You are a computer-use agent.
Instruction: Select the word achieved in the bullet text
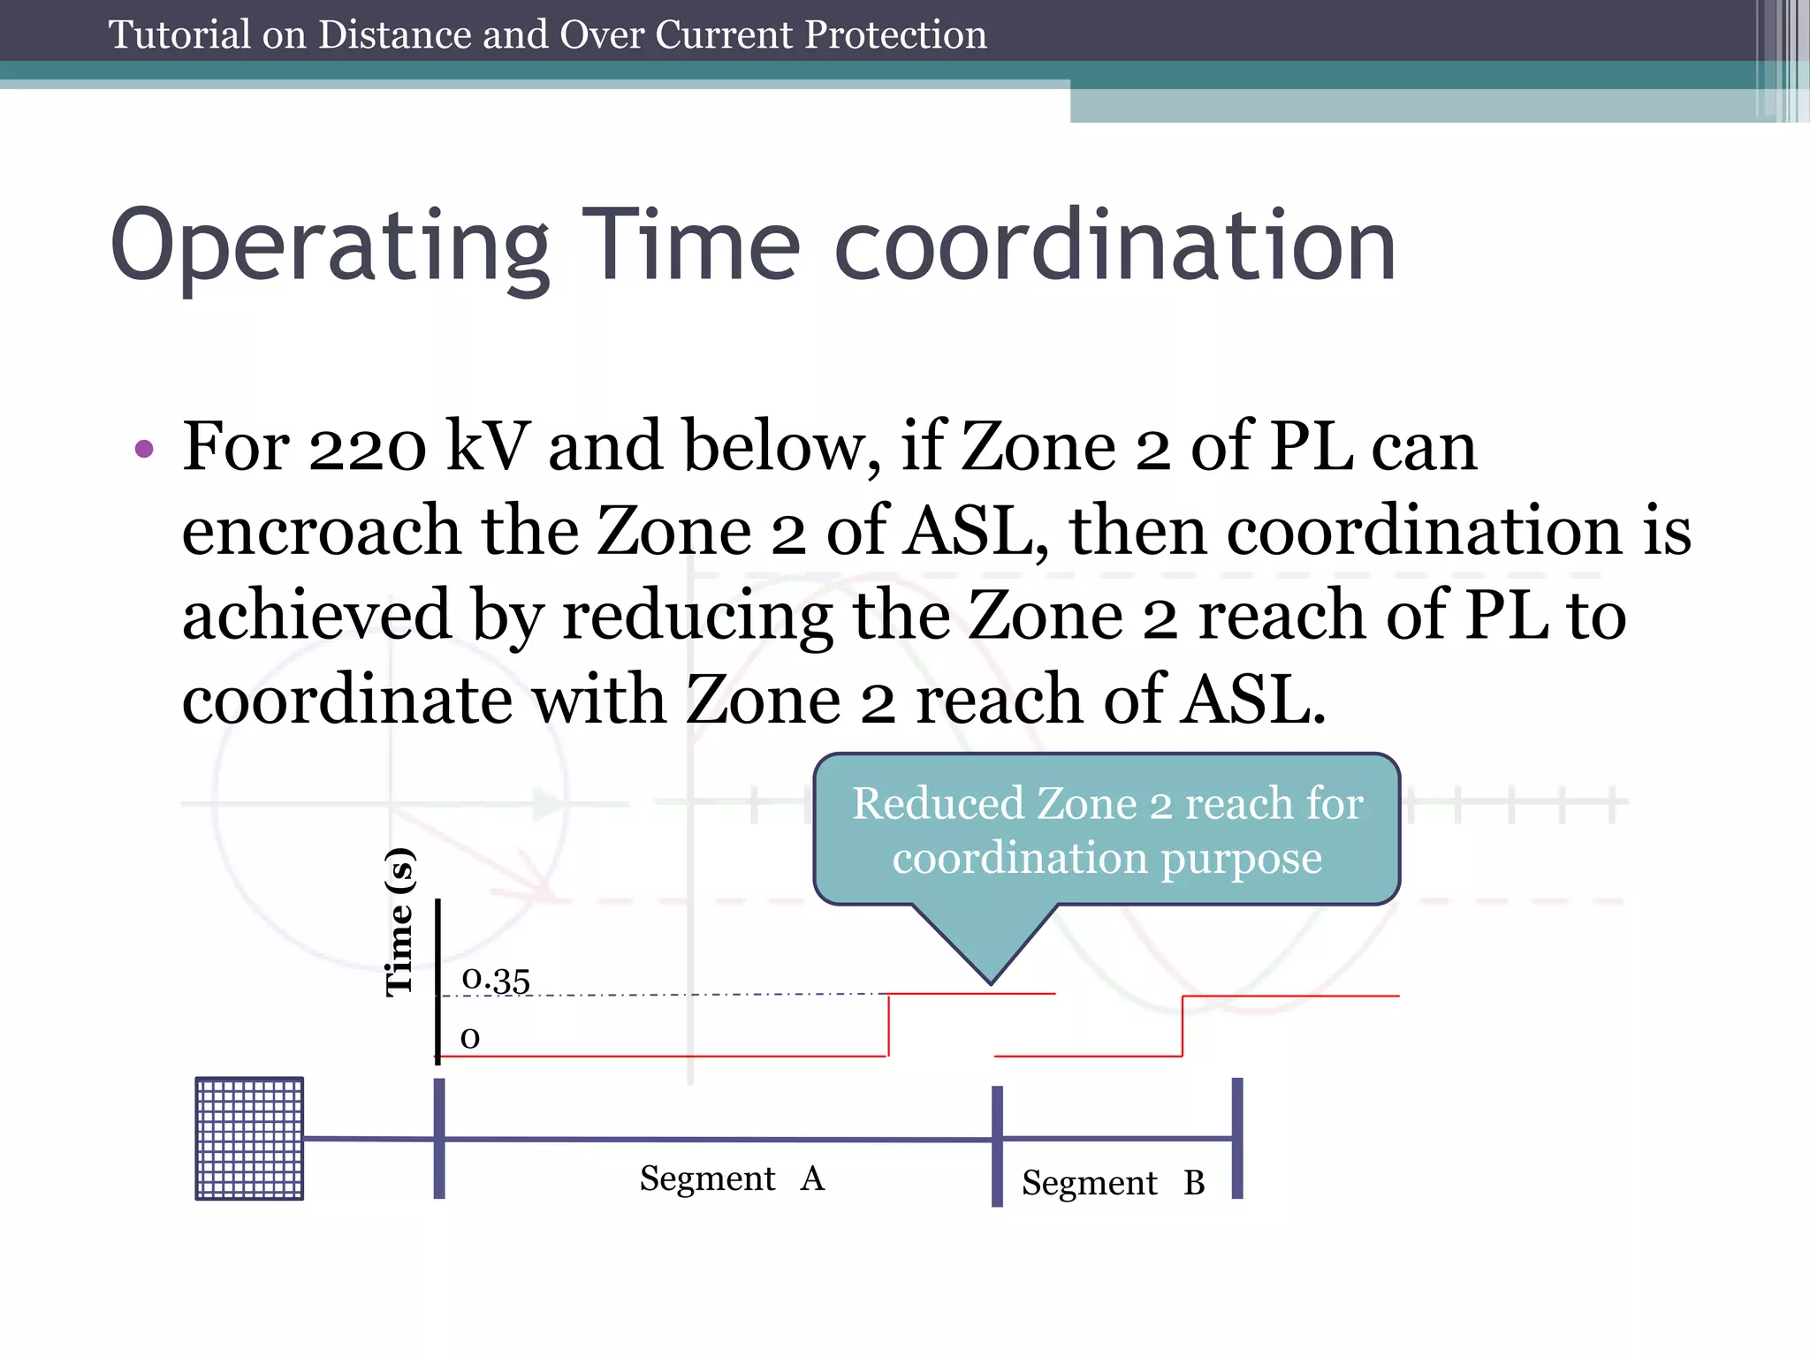pyautogui.click(x=317, y=615)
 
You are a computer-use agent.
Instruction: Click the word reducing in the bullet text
pyautogui.click(x=697, y=615)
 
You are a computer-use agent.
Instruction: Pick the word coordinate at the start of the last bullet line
pyautogui.click(x=347, y=700)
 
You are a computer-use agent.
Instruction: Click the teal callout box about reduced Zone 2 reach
pyautogui.click(x=1107, y=830)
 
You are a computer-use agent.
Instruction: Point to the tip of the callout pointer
pyautogui.click(x=991, y=982)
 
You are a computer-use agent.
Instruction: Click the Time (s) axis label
pyautogui.click(x=399, y=922)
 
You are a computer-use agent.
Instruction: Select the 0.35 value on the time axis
pyautogui.click(x=496, y=979)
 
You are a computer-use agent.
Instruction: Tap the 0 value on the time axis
pyautogui.click(x=470, y=1037)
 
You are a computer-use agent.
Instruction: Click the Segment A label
pyautogui.click(x=732, y=1179)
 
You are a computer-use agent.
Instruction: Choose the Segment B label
pyautogui.click(x=1113, y=1182)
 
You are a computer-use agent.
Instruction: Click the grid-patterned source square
pyautogui.click(x=249, y=1138)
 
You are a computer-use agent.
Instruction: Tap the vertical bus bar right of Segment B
pyautogui.click(x=1237, y=1138)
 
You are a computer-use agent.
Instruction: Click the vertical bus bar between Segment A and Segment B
pyautogui.click(x=997, y=1145)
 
